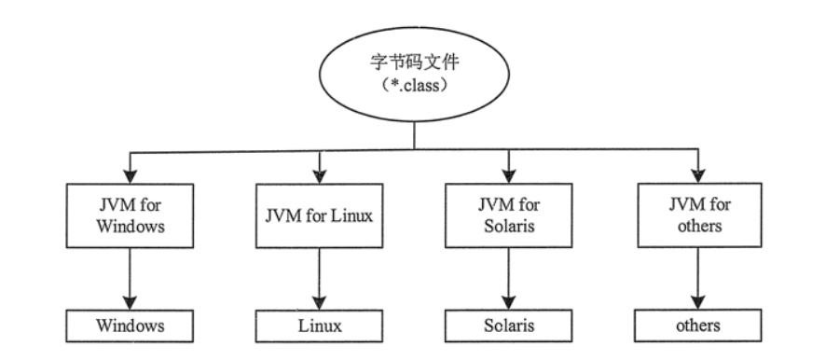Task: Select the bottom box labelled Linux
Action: click(320, 326)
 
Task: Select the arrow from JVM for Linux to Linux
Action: click(320, 280)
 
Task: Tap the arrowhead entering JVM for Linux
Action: click(320, 173)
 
